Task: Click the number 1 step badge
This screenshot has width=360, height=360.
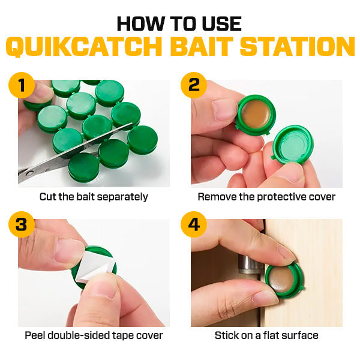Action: (22, 86)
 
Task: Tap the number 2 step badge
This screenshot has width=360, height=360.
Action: (194, 86)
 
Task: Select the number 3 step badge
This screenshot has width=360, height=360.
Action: (22, 226)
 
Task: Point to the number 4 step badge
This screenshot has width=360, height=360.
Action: (194, 226)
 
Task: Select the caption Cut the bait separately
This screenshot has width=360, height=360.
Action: (94, 196)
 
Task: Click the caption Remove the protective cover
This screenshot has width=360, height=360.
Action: (266, 196)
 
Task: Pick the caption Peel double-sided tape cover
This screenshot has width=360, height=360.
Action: (94, 335)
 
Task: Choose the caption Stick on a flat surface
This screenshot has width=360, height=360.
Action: (266, 335)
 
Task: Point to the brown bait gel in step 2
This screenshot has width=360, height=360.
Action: (254, 113)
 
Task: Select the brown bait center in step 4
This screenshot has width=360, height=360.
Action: (282, 278)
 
